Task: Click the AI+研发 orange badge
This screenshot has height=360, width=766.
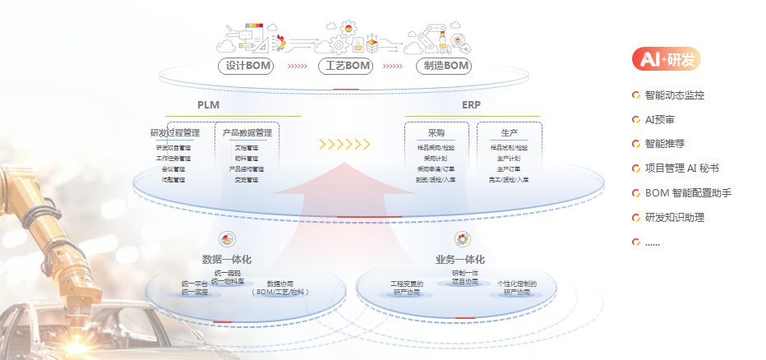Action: pos(666,59)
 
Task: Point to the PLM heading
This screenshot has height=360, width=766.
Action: pos(208,105)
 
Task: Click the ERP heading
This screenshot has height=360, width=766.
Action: pos(471,105)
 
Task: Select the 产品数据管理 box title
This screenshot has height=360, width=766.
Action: pos(247,132)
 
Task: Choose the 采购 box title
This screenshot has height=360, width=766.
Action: pos(436,132)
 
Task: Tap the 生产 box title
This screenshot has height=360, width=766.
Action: pos(509,132)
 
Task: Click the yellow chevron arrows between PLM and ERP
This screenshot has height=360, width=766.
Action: pos(344,145)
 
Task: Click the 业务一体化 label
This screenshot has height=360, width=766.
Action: pos(459,260)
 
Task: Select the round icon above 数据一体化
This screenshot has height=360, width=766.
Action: pos(228,239)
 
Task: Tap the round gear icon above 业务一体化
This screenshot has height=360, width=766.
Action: pos(463,239)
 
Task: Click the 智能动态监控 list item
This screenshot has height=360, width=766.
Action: pos(674,95)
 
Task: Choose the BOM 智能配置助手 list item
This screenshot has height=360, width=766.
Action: pos(687,193)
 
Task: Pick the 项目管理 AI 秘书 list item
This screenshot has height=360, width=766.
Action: pos(681,168)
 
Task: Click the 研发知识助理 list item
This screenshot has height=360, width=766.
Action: pos(674,218)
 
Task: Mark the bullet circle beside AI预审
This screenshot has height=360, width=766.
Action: pos(635,120)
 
